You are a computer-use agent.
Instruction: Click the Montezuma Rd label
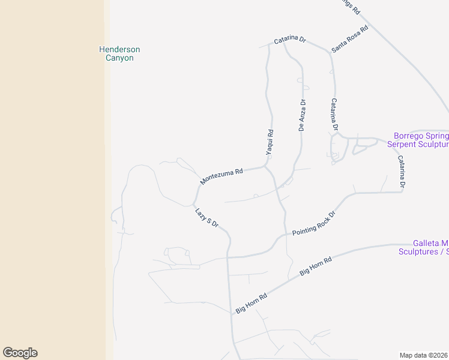click(x=221, y=176)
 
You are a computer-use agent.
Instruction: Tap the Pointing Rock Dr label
click(x=313, y=223)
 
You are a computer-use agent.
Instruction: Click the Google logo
click(x=20, y=353)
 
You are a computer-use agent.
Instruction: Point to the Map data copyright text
click(x=424, y=355)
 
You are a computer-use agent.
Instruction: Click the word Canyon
click(x=119, y=58)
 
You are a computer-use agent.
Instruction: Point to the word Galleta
click(x=426, y=243)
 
